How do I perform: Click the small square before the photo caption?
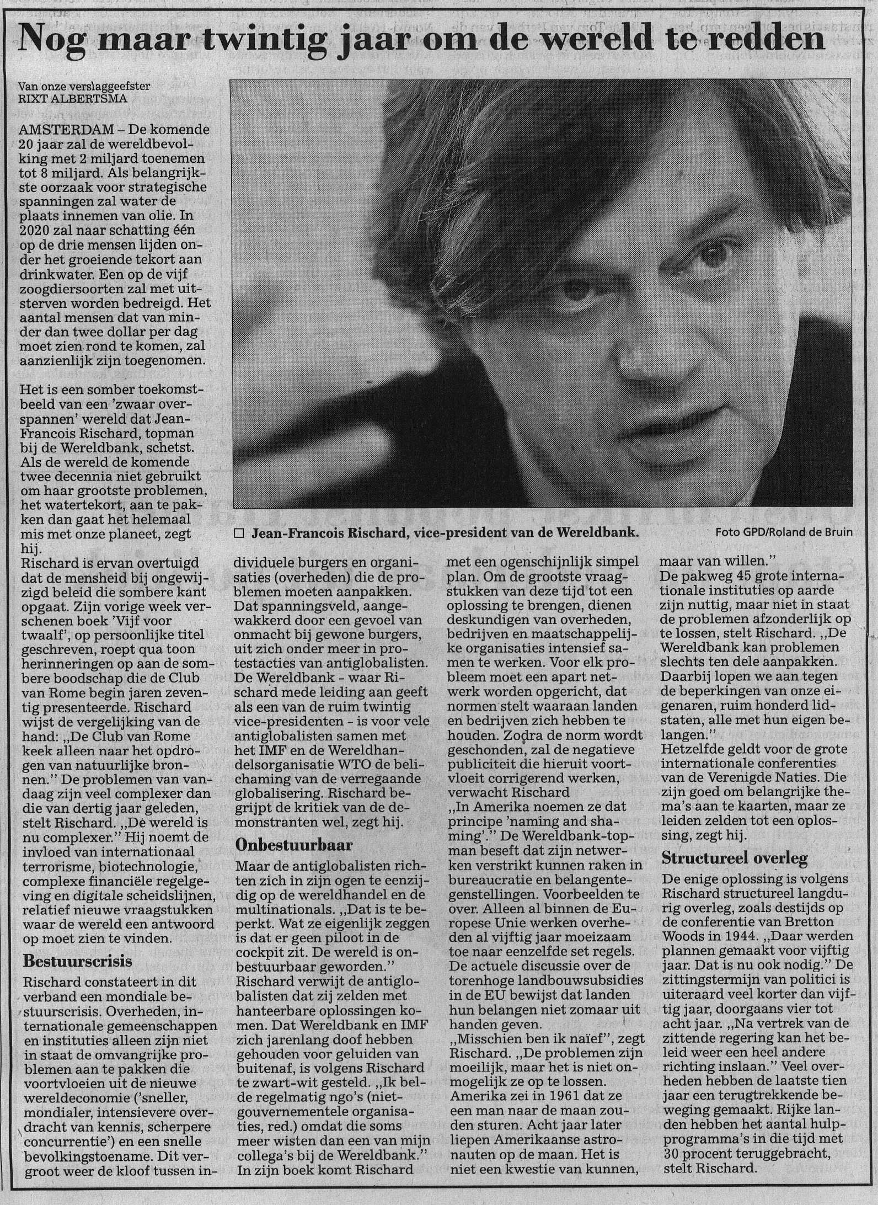(x=239, y=533)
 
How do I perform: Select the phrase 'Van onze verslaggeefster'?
(x=84, y=87)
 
